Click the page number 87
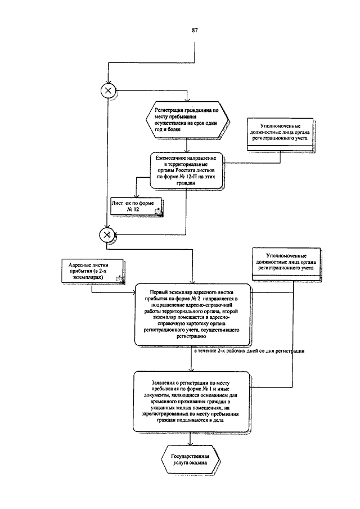(195, 30)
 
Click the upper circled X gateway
(108, 91)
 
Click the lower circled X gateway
(107, 235)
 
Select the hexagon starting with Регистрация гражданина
(188, 120)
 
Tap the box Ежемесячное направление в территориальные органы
(187, 171)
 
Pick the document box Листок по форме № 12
(136, 206)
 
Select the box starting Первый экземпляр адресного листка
(192, 314)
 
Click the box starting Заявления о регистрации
(191, 402)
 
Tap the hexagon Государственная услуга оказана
(190, 460)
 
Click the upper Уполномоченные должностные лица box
(281, 134)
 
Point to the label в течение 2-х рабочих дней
(249, 351)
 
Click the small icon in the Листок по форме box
(157, 211)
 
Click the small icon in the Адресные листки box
(119, 278)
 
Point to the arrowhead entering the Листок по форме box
(136, 196)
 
